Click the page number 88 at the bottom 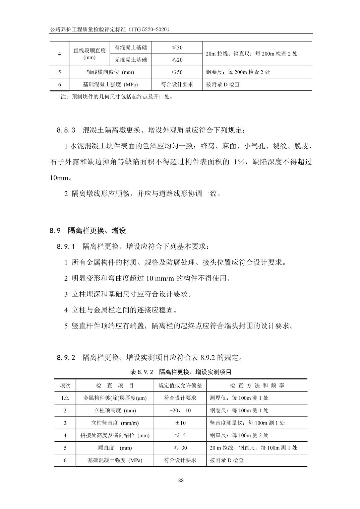pyautogui.click(x=181, y=481)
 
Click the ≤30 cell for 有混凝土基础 pyautogui.click(x=177, y=48)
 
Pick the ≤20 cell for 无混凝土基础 pyautogui.click(x=177, y=60)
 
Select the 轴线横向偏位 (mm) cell pyautogui.click(x=110, y=72)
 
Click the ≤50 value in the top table pyautogui.click(x=177, y=72)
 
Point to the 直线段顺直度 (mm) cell pyautogui.click(x=89, y=54)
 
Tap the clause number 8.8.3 pyautogui.click(x=66, y=130)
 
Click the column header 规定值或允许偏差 pyautogui.click(x=180, y=385)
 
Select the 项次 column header pyautogui.click(x=65, y=385)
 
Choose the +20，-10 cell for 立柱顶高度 pyautogui.click(x=180, y=410)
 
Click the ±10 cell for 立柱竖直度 pyautogui.click(x=180, y=423)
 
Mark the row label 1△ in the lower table pyautogui.click(x=65, y=398)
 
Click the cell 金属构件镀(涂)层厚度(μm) pyautogui.click(x=115, y=398)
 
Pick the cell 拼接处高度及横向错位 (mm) pyautogui.click(x=115, y=435)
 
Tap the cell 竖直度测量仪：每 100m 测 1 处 pyautogui.click(x=247, y=423)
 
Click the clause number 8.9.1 pyautogui.click(x=66, y=247)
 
